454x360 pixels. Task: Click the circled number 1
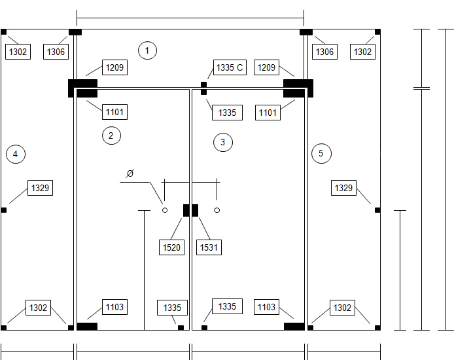click(147, 50)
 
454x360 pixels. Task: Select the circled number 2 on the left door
click(111, 135)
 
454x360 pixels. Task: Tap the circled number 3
click(222, 142)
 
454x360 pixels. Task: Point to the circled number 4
click(16, 154)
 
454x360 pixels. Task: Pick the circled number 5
click(321, 154)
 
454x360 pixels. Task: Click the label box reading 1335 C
click(230, 67)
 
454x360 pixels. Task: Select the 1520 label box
click(171, 247)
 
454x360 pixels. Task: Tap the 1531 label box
click(209, 247)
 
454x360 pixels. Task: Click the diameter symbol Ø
click(130, 173)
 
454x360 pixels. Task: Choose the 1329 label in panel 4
click(41, 188)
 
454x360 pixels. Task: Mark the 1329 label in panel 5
click(343, 188)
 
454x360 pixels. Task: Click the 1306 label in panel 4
click(56, 52)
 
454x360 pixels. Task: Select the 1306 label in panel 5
click(325, 52)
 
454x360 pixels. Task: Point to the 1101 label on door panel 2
click(114, 112)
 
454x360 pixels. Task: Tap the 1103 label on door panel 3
click(266, 307)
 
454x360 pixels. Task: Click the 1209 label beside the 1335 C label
click(266, 67)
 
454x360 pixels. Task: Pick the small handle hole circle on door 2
click(165, 210)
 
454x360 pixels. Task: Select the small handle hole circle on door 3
click(217, 210)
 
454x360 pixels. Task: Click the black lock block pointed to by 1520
click(186, 210)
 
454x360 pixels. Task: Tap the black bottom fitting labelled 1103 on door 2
click(87, 327)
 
